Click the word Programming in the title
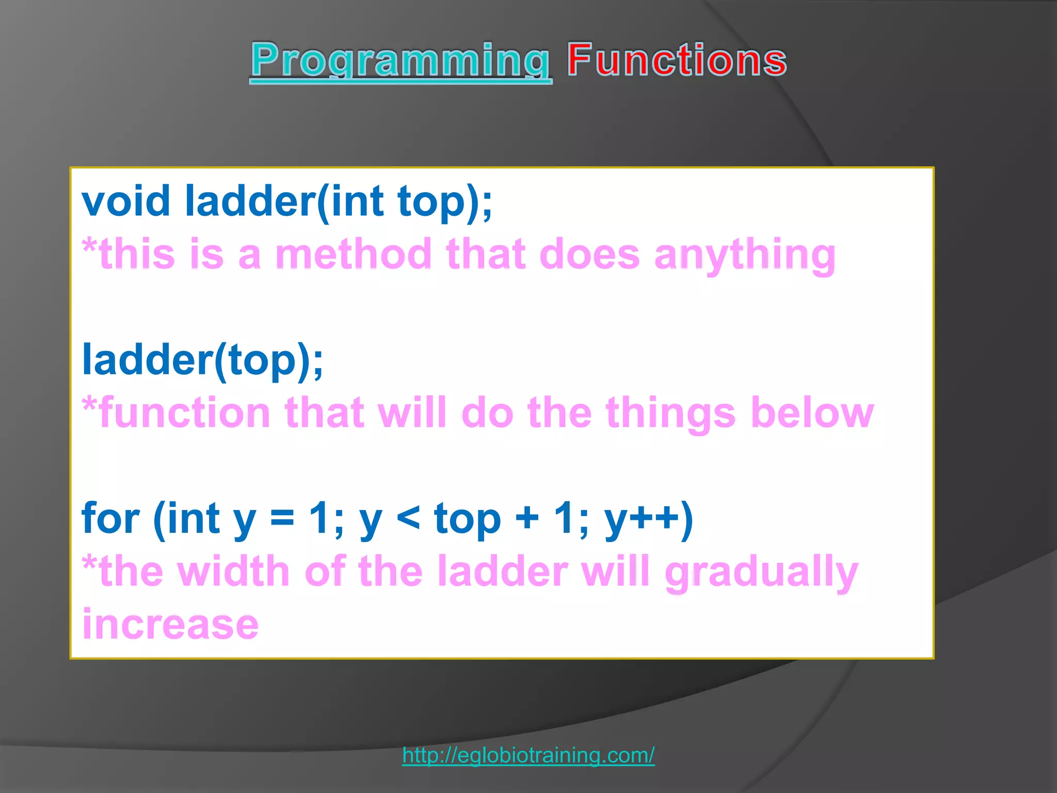coord(400,61)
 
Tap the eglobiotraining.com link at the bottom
coord(528,755)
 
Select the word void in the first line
coord(126,201)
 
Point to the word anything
coord(744,254)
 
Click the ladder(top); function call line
coord(202,360)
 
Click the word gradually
coord(761,573)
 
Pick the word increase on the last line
coord(170,624)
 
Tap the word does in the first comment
coord(589,254)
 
